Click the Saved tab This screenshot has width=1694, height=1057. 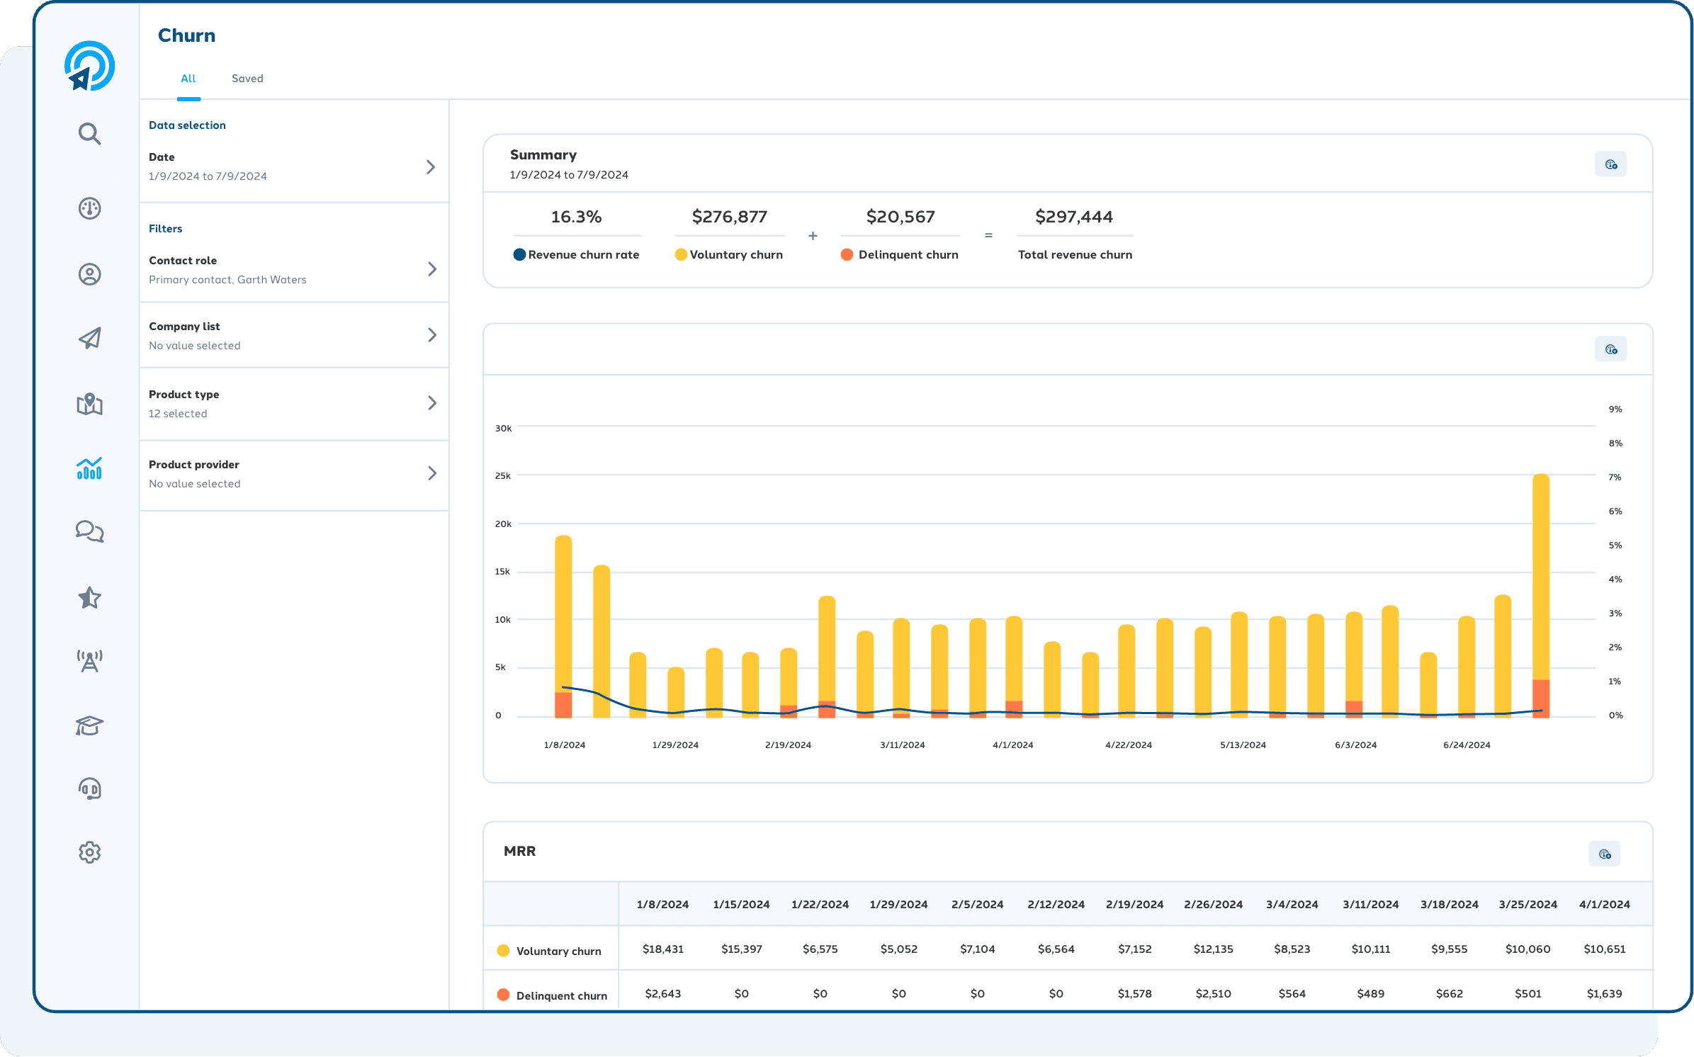247,79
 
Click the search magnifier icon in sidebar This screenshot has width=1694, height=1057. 89,133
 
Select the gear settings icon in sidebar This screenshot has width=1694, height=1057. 89,852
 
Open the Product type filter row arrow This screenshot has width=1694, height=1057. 431,403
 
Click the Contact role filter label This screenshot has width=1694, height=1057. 183,261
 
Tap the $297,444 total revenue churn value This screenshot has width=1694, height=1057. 1073,217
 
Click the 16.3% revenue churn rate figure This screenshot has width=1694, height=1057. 576,217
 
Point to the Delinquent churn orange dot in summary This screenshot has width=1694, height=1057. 847,255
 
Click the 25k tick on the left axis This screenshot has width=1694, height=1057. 502,476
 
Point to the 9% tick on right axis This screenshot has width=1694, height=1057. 1615,409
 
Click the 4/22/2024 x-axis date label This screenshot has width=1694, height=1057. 1128,745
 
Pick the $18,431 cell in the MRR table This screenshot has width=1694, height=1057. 662,949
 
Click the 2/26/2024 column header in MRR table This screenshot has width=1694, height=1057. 1213,905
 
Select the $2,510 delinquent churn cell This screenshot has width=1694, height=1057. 1213,994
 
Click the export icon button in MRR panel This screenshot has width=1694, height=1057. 1604,854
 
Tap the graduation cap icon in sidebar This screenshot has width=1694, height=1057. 89,725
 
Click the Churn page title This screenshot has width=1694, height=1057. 186,35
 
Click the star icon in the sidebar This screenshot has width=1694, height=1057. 89,598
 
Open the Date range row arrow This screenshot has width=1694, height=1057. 430,167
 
